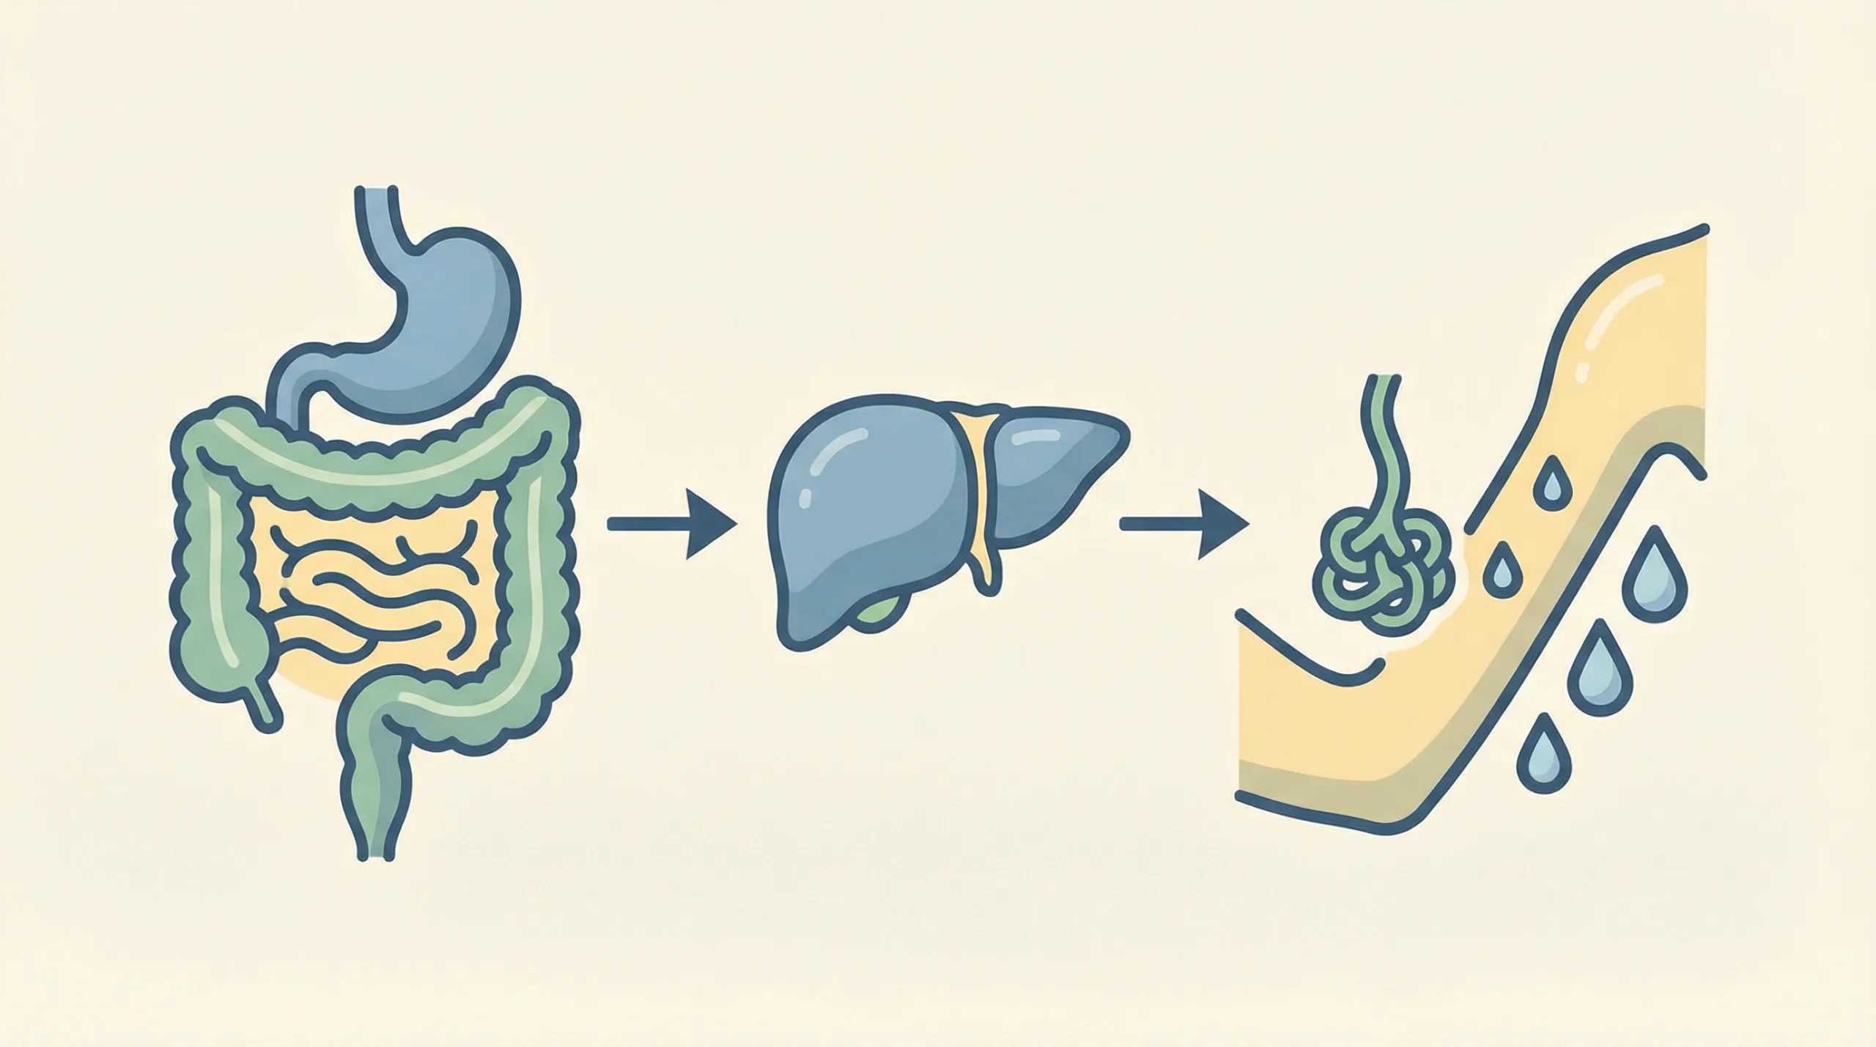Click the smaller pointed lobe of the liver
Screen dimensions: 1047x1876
[1055, 469]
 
